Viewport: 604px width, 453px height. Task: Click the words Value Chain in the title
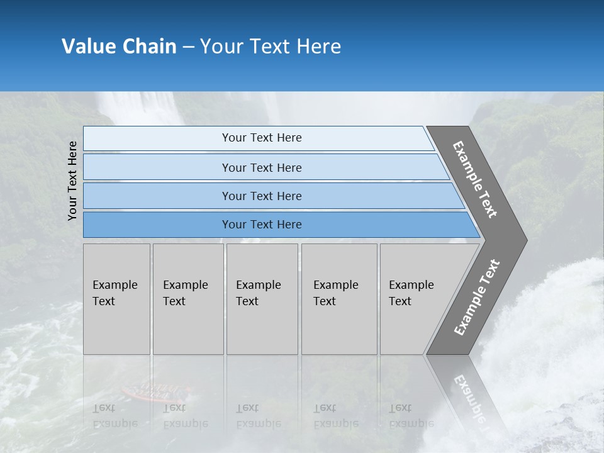(x=119, y=47)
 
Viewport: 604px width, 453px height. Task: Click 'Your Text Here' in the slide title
(x=271, y=47)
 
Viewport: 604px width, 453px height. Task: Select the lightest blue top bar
(x=261, y=138)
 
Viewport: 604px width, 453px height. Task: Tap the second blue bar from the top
(x=261, y=167)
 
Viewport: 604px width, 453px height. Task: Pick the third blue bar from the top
(x=261, y=196)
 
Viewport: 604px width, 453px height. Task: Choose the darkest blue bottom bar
(x=261, y=225)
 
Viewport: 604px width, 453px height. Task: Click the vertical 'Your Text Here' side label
(x=72, y=181)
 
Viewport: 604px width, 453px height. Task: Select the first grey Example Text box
(x=116, y=299)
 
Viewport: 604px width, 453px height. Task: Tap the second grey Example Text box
(x=187, y=299)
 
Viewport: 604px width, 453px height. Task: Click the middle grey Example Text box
(x=262, y=299)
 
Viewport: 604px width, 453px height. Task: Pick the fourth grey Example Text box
(x=338, y=299)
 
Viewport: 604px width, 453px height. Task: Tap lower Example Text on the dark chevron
(x=477, y=298)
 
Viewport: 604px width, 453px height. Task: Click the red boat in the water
(x=152, y=393)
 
